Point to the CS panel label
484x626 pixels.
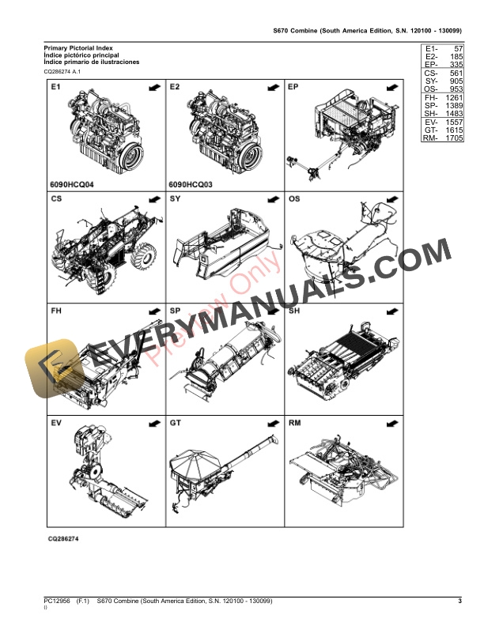[x=56, y=199]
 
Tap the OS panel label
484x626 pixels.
[x=294, y=199]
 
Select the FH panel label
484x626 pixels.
[x=56, y=311]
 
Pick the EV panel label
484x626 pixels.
[x=56, y=424]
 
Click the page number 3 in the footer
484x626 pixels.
[x=459, y=601]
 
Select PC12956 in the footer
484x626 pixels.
[x=59, y=601]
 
